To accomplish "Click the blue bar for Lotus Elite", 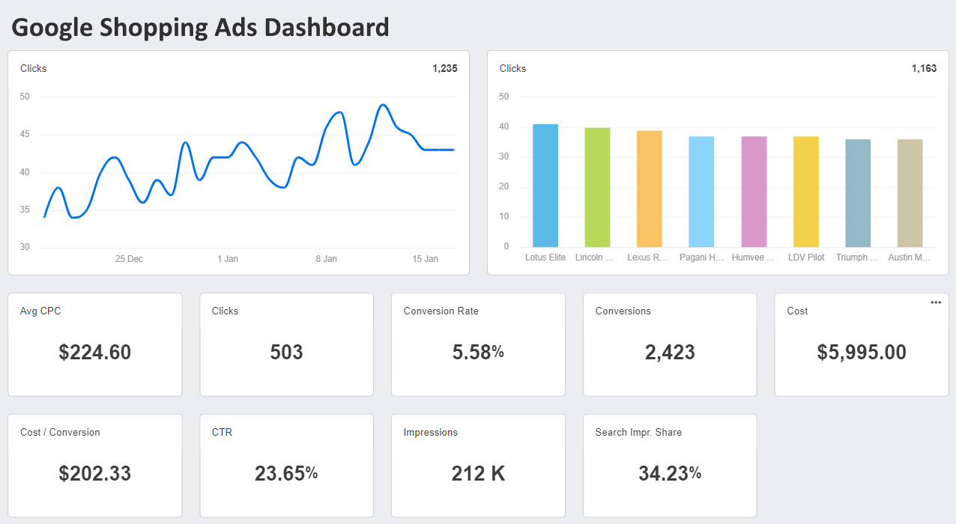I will [545, 186].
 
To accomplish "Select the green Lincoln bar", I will [597, 187].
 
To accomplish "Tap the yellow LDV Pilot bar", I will [806, 192].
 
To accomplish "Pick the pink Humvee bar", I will [754, 192].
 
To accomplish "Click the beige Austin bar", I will [910, 193].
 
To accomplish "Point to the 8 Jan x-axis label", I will [326, 259].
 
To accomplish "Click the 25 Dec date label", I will [129, 259].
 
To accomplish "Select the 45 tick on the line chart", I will [25, 135].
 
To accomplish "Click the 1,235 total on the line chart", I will [444, 69].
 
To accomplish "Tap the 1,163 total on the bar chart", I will [924, 69].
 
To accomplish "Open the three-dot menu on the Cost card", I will [936, 302].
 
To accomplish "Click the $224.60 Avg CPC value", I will [95, 353].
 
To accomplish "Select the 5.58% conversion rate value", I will [478, 353].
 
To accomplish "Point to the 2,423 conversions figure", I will [670, 353].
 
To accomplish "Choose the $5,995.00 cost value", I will [862, 353].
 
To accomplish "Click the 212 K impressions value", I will [478, 474].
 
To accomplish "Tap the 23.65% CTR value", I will [286, 474].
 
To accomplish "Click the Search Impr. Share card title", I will [638, 433].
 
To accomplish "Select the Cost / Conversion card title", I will [60, 433].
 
